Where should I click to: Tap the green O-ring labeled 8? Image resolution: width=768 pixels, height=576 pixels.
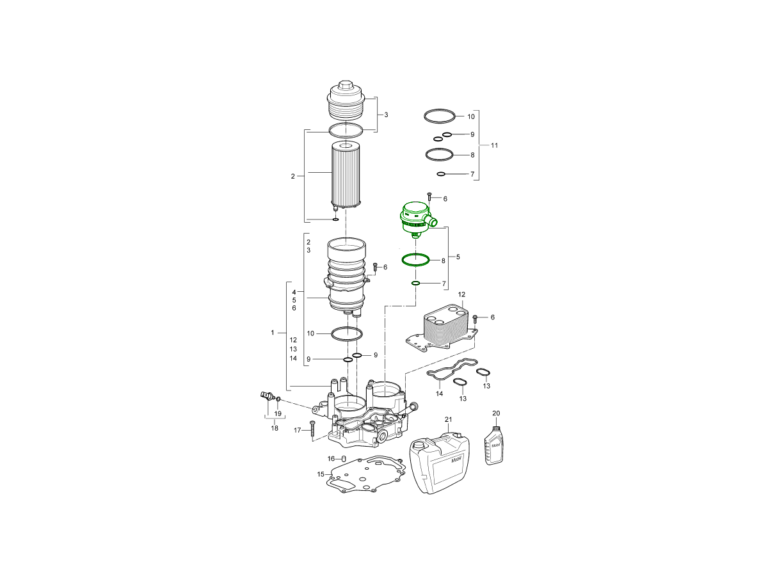(415, 259)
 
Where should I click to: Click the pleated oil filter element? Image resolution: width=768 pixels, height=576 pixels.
(346, 175)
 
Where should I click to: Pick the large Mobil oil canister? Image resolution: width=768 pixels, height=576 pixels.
(440, 463)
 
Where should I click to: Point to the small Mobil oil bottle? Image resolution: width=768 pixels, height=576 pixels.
(493, 445)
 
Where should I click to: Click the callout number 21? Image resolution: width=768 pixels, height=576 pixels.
(448, 419)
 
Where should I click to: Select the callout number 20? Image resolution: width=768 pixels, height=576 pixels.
(496, 413)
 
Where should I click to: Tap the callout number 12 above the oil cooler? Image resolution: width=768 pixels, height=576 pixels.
(461, 294)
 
